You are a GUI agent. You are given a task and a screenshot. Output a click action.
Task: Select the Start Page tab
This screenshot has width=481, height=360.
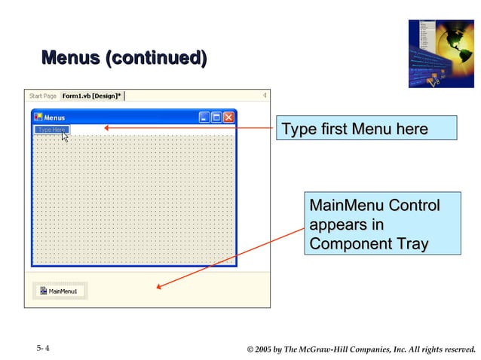coord(43,96)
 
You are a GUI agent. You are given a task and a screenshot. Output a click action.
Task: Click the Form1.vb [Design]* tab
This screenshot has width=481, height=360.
coord(91,96)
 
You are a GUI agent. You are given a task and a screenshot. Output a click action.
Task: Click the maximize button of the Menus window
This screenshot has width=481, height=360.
coord(216,117)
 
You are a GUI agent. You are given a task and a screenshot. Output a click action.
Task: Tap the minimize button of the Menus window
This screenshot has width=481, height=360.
coord(204,117)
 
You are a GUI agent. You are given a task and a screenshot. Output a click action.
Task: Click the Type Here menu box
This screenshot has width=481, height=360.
coord(51,130)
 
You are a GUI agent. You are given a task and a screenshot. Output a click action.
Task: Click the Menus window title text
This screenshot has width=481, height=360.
coord(54,117)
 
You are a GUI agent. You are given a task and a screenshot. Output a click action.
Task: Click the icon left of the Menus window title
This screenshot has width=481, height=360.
coord(38,117)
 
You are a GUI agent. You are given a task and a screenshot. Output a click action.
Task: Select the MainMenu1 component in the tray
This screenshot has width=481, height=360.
coord(60,291)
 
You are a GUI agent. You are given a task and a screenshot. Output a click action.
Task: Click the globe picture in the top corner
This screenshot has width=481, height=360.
coord(441,53)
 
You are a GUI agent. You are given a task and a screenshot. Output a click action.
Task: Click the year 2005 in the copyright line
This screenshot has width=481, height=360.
coord(265,349)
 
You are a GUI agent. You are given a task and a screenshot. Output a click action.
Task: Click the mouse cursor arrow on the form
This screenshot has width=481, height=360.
coord(65,136)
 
